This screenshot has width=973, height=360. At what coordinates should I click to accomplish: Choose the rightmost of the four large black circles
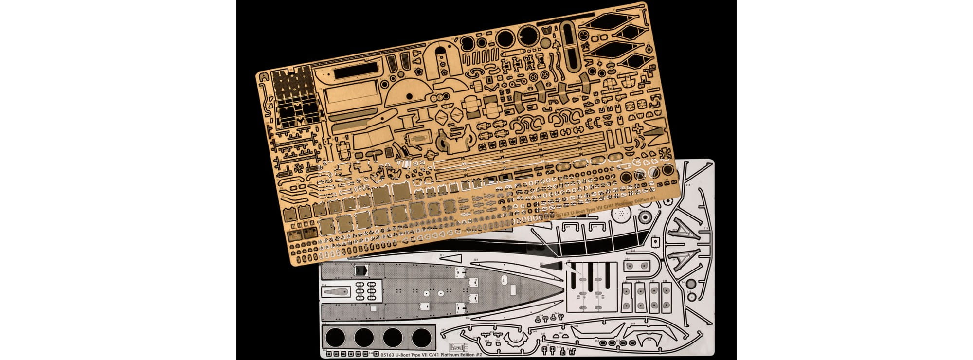click(x=421, y=337)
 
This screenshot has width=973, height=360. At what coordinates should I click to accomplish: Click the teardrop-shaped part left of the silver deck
click(x=336, y=292)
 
